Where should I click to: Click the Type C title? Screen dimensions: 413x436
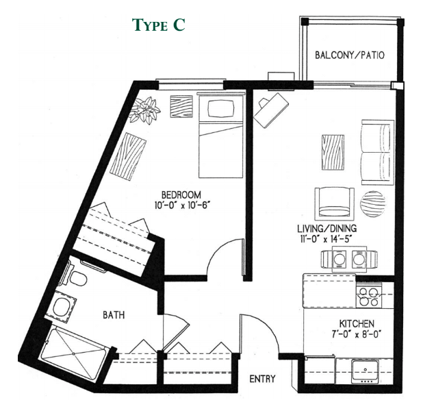point(158,25)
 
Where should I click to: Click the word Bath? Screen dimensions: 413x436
point(114,316)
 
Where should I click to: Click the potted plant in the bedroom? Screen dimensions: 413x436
point(146,110)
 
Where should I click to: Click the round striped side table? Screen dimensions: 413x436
point(373,203)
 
